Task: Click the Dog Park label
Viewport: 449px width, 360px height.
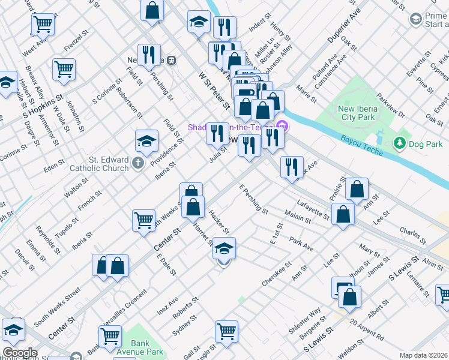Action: click(x=425, y=143)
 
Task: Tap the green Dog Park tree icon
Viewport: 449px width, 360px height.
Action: click(x=399, y=143)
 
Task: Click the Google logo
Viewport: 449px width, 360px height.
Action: click(x=19, y=353)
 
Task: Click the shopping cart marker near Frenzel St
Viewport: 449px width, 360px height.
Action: click(x=64, y=69)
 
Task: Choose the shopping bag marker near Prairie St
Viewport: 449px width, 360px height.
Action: click(x=357, y=189)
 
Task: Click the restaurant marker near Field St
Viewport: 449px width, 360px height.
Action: click(x=148, y=55)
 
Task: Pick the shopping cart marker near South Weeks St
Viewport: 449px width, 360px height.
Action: click(x=144, y=221)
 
